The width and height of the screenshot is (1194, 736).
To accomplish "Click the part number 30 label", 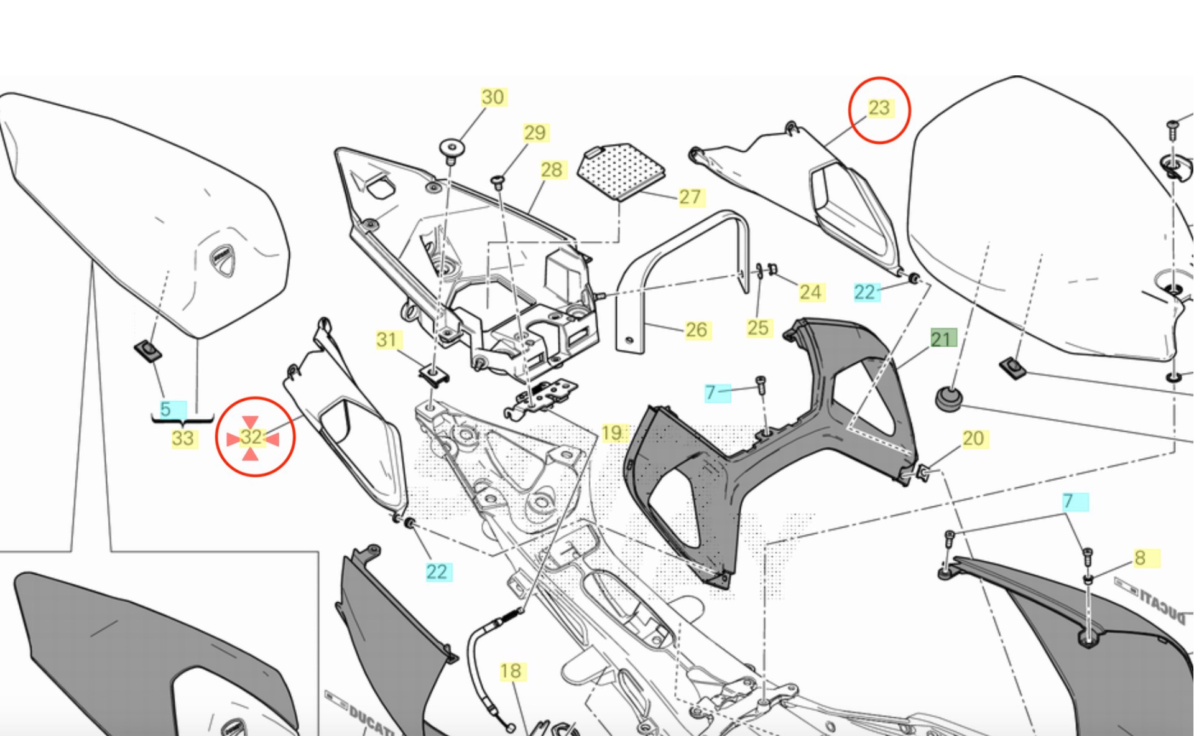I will pos(493,97).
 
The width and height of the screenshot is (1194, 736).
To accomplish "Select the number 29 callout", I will pos(534,133).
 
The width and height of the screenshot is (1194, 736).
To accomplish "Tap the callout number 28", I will pos(551,170).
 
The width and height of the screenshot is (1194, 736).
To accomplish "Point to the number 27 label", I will pos(690,197).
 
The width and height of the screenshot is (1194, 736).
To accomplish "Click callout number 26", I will pos(696,330).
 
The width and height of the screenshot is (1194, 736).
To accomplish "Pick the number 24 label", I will pos(810,292).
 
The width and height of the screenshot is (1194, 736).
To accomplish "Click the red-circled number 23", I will pos(879,108).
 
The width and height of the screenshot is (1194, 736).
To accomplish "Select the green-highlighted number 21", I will pos(942,339).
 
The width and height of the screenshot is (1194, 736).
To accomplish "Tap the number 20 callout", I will pos(973,439).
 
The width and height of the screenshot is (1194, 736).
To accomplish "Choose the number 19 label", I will pos(612,433).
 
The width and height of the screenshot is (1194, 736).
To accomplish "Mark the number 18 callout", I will pos(511,671).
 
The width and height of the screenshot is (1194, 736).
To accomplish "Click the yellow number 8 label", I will pos(1140,558).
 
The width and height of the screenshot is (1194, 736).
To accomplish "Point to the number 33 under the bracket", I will pos(182,439).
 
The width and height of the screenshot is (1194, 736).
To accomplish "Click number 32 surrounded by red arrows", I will pos(252,437).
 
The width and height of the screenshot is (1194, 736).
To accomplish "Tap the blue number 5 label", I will pos(165,409).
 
